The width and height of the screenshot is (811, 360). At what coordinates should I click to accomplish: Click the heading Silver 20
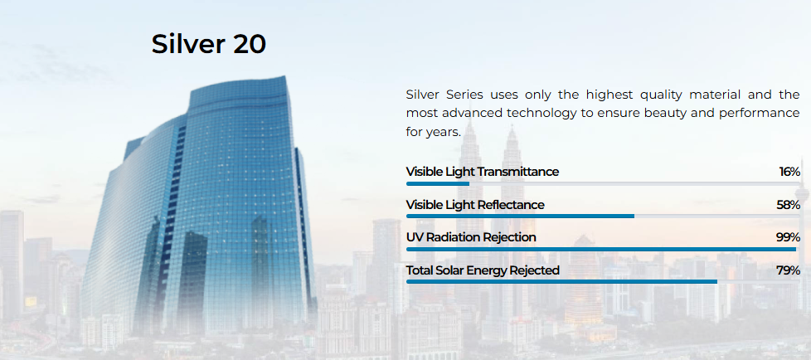(208, 45)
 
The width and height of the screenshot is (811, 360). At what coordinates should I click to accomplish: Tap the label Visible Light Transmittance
(482, 172)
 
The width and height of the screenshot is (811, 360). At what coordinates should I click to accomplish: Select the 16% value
(789, 172)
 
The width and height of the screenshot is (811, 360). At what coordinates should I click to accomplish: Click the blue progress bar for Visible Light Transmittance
(438, 183)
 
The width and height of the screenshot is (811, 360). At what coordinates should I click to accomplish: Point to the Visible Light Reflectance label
(475, 205)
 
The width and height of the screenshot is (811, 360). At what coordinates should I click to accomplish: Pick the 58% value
(789, 205)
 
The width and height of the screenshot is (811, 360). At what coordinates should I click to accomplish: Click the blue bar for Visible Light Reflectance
(520, 216)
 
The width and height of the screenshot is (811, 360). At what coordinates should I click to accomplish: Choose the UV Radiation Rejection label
(471, 237)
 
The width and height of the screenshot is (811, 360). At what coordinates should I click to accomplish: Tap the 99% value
(789, 237)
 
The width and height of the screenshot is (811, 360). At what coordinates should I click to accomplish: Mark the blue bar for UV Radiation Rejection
(601, 250)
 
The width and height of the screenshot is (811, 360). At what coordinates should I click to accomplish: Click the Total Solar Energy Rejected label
(483, 270)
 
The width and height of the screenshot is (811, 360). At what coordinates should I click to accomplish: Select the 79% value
(789, 270)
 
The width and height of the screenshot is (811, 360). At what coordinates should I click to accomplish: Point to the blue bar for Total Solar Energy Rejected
(561, 282)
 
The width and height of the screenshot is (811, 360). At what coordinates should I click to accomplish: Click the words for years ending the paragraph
(434, 132)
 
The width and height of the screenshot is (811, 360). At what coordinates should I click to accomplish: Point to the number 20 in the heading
(249, 45)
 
